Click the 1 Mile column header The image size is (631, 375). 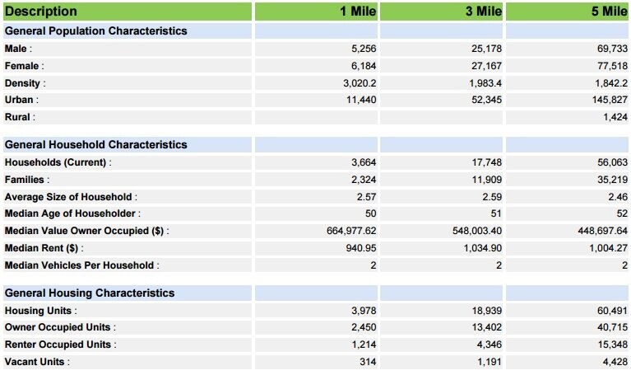[x=358, y=12]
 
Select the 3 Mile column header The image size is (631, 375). [x=484, y=12]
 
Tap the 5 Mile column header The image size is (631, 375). [x=610, y=12]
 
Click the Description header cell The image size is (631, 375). [x=40, y=12]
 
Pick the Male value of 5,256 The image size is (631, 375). [x=364, y=49]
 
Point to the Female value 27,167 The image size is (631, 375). [x=486, y=66]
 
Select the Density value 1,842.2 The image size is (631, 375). [x=611, y=83]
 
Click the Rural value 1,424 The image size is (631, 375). [x=615, y=117]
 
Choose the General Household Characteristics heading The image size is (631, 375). [x=95, y=145]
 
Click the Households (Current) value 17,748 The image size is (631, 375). [x=487, y=162]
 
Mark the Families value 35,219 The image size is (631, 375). [x=612, y=180]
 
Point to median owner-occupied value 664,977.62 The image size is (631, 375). [x=351, y=231]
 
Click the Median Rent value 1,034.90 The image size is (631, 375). [x=483, y=248]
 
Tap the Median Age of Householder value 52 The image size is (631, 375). [x=622, y=213]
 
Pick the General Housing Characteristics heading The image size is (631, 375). [x=90, y=293]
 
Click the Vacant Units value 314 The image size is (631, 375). [x=368, y=362]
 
